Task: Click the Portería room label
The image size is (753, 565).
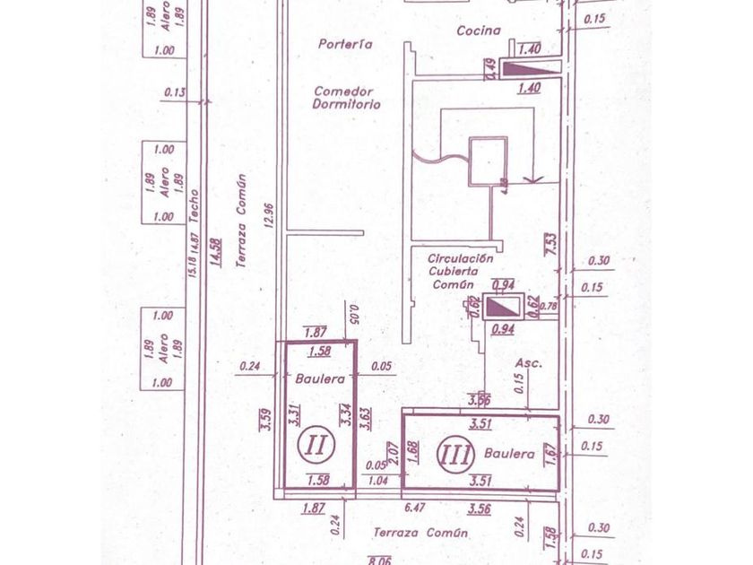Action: (x=345, y=43)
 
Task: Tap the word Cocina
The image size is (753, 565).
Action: (x=478, y=30)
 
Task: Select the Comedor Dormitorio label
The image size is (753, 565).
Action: (x=347, y=97)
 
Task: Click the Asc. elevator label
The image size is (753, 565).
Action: (x=529, y=363)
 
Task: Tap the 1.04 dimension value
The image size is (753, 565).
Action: (x=379, y=481)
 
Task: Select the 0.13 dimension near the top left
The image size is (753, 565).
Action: (x=175, y=91)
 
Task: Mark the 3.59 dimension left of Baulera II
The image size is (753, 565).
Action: (x=265, y=420)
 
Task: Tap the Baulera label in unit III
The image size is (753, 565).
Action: (x=509, y=454)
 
